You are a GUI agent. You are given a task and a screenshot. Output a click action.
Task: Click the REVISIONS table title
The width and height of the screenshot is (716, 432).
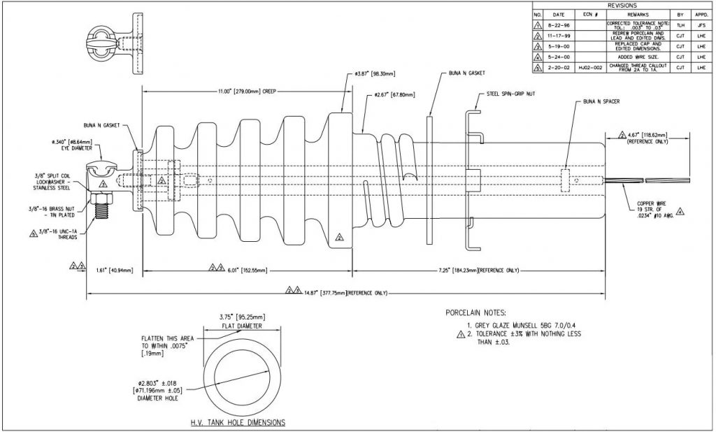pyautogui.click(x=622, y=5)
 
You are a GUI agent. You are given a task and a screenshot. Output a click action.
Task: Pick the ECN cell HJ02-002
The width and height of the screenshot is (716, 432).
pyautogui.click(x=587, y=67)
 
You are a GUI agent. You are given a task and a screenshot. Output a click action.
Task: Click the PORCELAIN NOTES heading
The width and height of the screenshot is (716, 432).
pyautogui.click(x=481, y=312)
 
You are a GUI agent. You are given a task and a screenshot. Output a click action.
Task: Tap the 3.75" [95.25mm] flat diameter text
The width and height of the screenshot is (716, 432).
pyautogui.click(x=233, y=315)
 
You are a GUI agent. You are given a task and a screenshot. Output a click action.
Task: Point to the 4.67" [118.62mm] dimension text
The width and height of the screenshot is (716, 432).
pyautogui.click(x=647, y=134)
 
